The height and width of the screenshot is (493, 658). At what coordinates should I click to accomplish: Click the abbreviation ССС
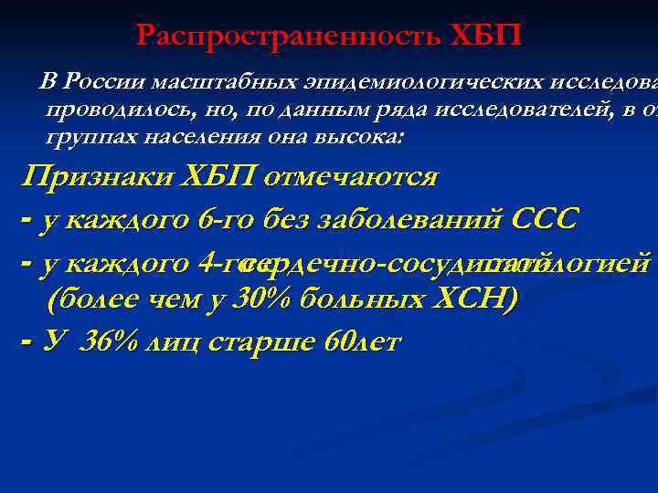point(546,220)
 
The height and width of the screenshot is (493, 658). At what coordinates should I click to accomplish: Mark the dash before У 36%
point(26,341)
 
